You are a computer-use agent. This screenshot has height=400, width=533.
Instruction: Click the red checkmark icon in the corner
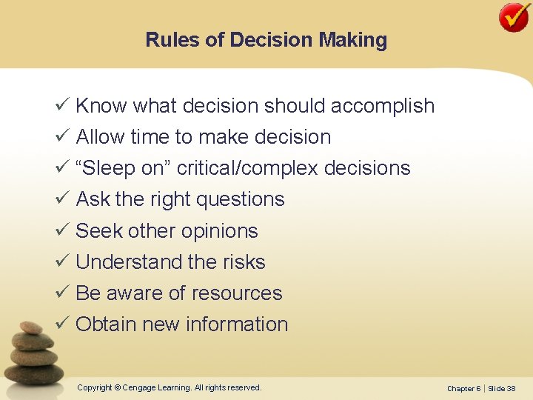tap(513, 17)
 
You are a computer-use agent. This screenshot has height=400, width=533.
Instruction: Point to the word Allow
tap(100, 137)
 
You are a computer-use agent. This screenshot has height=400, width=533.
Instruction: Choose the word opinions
tap(221, 231)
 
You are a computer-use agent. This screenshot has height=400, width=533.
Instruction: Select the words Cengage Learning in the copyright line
tap(155, 387)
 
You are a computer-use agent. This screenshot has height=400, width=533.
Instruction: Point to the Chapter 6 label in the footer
tap(463, 389)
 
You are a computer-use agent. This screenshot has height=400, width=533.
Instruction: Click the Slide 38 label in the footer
tap(502, 389)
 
